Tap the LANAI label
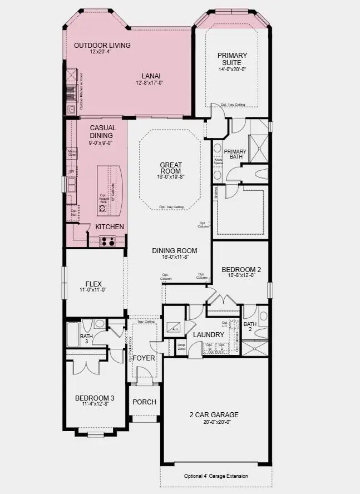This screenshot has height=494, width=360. tap(149, 76)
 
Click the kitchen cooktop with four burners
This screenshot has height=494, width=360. tap(107, 241)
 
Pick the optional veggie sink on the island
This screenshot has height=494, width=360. tap(102, 208)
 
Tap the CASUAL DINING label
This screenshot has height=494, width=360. tap(102, 131)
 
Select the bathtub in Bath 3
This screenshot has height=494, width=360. tap(73, 335)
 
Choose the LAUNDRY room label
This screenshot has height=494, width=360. tap(208, 334)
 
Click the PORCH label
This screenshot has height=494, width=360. tap(144, 402)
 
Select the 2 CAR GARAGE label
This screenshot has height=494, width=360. tap(213, 414)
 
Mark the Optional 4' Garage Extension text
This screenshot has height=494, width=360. tap(216, 476)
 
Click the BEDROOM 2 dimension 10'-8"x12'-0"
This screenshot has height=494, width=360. tap(240, 275)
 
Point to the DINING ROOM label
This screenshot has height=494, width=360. tap(175, 250)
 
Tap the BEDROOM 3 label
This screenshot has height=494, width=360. tap(95, 398)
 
